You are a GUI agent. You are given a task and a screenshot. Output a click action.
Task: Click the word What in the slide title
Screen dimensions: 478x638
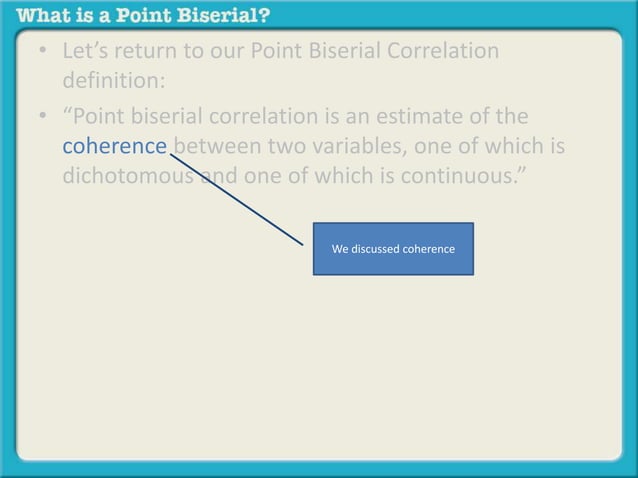44,16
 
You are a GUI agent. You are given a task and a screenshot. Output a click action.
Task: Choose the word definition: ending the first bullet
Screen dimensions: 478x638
107,79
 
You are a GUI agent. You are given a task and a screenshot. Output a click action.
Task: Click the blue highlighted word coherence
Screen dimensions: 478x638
114,147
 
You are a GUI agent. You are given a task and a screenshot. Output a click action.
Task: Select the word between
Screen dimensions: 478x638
218,147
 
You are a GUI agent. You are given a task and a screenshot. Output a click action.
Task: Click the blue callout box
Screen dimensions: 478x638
393,248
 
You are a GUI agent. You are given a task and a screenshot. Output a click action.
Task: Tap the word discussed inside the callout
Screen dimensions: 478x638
375,248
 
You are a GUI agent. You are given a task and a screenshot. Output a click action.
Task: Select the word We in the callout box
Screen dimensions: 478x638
340,248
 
